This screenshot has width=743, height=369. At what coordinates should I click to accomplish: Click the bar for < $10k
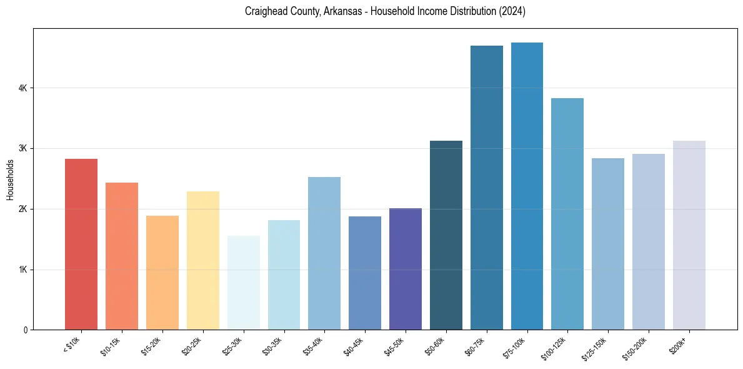tap(81, 244)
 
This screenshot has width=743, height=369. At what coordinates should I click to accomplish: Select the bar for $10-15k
tap(122, 256)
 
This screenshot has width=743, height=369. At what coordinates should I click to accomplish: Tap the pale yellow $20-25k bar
tap(202, 260)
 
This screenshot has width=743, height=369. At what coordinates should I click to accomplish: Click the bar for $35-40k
tap(324, 253)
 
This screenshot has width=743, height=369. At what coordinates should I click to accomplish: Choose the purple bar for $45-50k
tap(405, 269)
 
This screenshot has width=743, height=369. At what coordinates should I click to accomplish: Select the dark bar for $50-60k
tap(446, 235)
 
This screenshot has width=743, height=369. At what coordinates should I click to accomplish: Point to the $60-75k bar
tap(486, 188)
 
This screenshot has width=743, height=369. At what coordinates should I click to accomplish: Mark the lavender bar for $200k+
tap(689, 235)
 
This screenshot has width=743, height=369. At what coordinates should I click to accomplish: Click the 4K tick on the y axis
tap(23, 88)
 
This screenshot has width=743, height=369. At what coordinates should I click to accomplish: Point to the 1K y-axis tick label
tap(23, 270)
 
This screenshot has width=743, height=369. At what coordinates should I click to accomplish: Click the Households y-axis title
tap(10, 179)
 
